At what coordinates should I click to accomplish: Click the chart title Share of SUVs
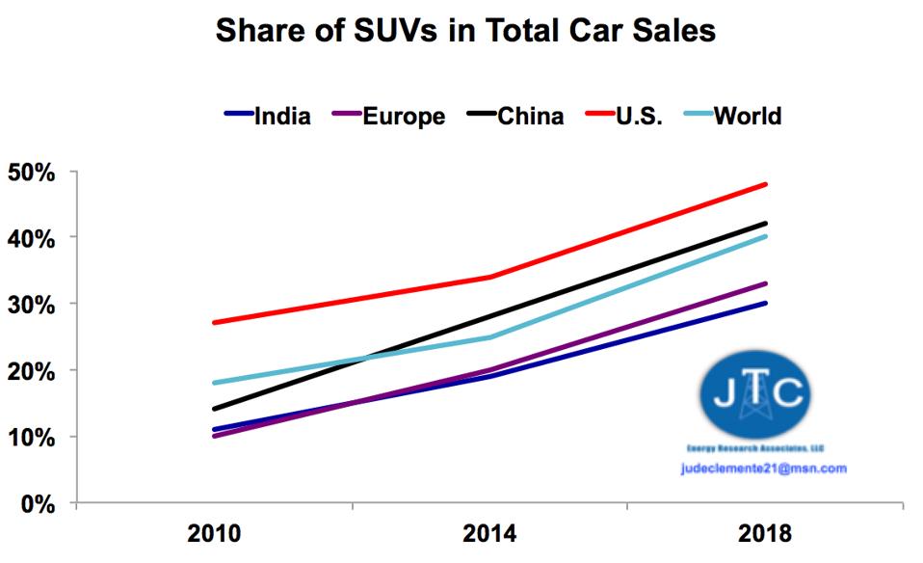(465, 31)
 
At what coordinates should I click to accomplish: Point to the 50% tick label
(32, 173)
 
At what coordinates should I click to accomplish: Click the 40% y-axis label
(32, 237)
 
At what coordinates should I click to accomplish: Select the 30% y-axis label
(32, 304)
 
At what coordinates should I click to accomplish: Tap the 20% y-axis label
(32, 370)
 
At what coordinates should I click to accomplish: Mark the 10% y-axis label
(32, 437)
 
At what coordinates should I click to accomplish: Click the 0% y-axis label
(38, 503)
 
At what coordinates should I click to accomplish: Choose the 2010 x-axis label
(214, 533)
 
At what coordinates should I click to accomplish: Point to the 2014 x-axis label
(489, 533)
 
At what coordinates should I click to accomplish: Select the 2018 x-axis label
(765, 533)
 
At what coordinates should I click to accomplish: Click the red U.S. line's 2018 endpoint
(765, 184)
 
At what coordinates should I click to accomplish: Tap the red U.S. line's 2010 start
(214, 322)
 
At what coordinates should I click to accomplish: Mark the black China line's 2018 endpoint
(765, 224)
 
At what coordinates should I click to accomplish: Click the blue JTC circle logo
(756, 394)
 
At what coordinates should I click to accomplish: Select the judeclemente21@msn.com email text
(762, 469)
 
